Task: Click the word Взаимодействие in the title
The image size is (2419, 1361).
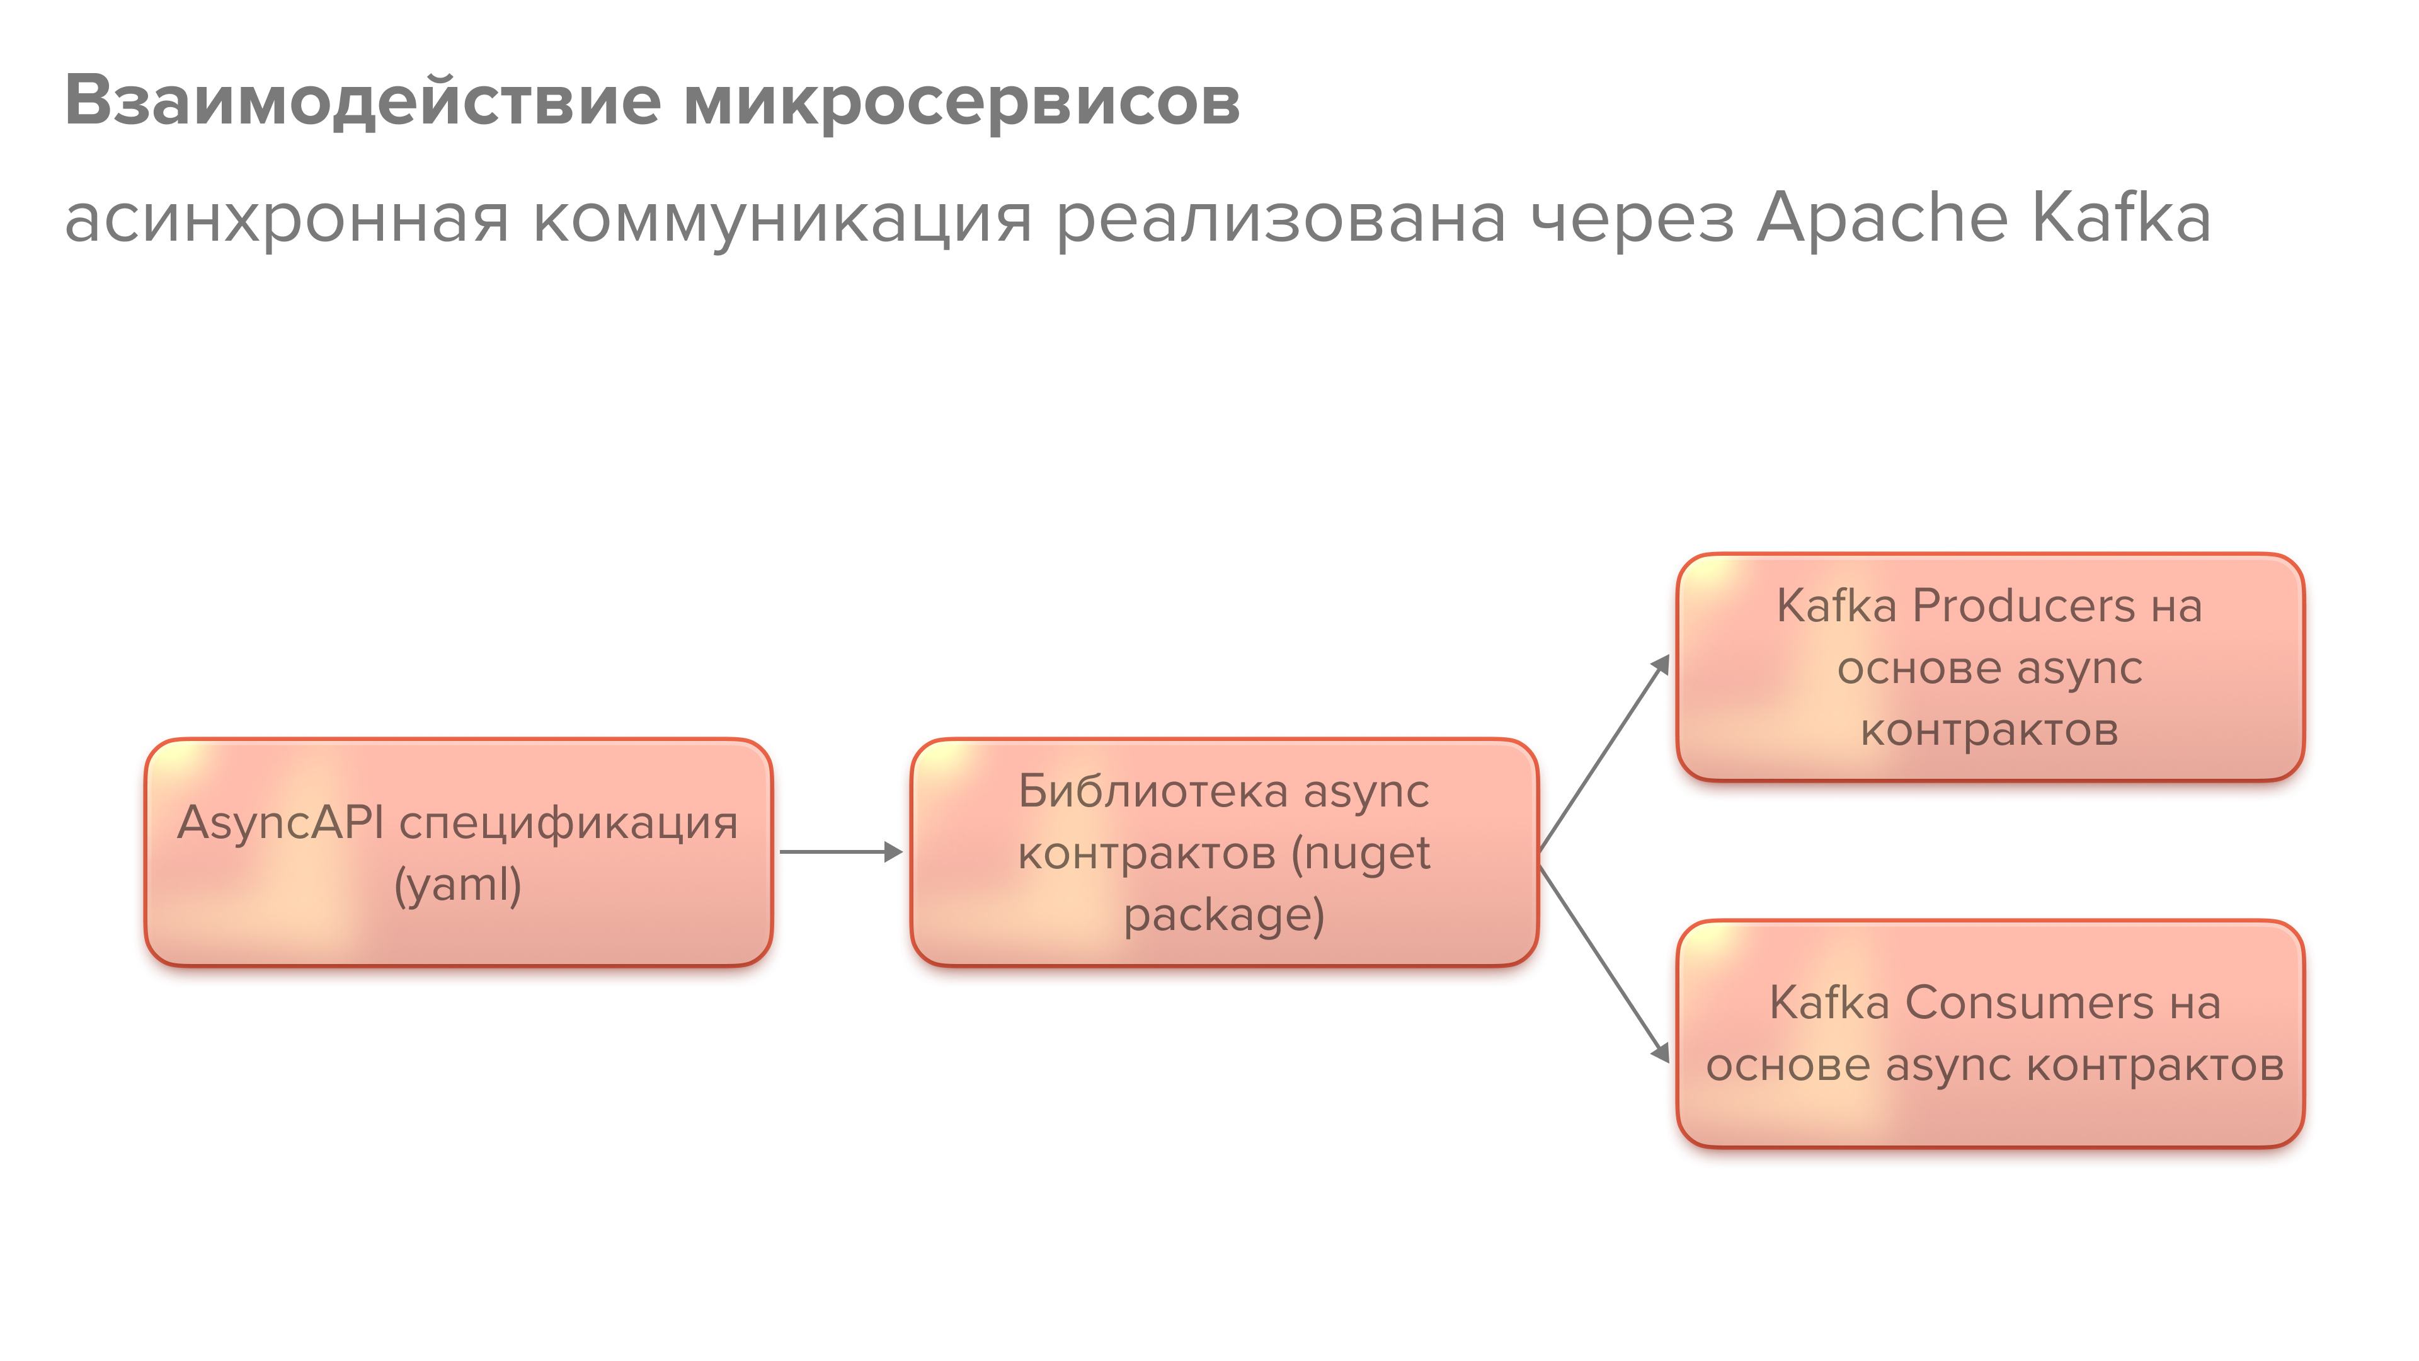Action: [x=362, y=101]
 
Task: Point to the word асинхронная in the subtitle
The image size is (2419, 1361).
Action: [x=287, y=219]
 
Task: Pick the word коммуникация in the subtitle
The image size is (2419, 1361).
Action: [x=782, y=219]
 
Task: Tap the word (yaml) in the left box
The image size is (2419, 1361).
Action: [x=457, y=885]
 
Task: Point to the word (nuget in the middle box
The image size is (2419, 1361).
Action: [x=1361, y=854]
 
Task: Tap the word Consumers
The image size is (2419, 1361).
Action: [x=2028, y=1003]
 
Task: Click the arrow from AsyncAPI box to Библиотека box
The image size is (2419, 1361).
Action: [x=840, y=852]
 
